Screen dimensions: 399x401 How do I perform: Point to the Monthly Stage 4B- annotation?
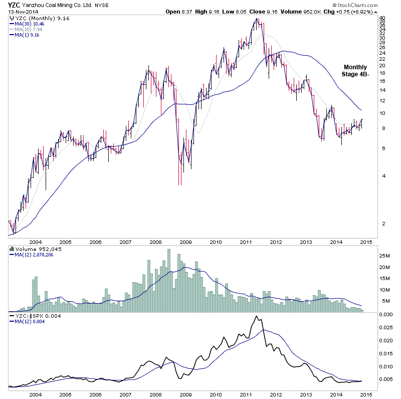[355, 71]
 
